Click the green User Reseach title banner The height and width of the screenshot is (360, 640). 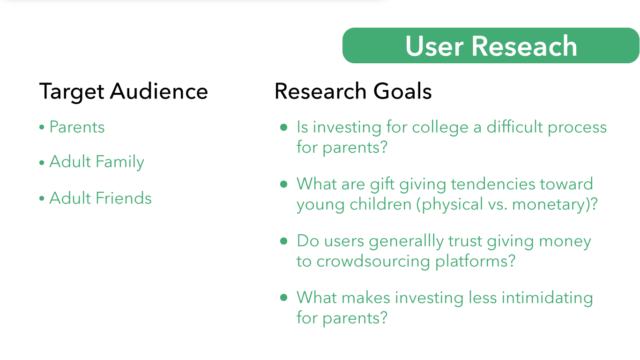coord(491,45)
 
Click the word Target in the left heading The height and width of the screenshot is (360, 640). coord(72,91)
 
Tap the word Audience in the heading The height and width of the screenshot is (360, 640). coord(159,91)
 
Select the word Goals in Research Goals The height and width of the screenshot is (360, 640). coord(402,91)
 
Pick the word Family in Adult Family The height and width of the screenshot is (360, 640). coord(120,162)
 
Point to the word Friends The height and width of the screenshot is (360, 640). coord(123,198)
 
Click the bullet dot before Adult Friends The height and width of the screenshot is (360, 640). coord(42,198)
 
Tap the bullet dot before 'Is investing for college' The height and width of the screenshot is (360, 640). coord(284,127)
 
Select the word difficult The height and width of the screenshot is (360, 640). coord(514,127)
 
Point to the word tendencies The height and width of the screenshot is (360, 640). coord(493,184)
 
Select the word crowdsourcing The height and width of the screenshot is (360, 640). coord(373,262)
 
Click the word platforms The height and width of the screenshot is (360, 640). coord(471,261)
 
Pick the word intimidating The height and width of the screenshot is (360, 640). coord(547,298)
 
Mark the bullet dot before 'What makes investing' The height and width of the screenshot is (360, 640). coord(284,298)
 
